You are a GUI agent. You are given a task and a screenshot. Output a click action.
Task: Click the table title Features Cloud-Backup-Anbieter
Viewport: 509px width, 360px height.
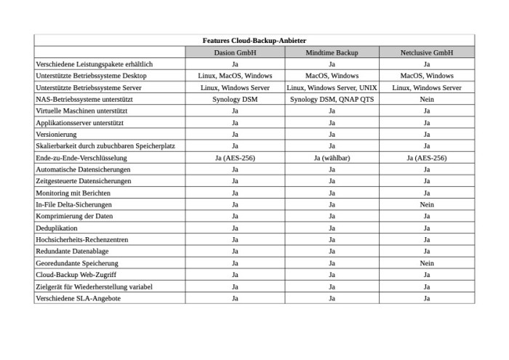tap(254, 41)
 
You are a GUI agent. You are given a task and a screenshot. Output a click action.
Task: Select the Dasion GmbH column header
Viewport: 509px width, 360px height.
tap(235, 52)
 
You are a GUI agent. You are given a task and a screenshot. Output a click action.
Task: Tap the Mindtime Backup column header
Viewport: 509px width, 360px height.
tap(332, 52)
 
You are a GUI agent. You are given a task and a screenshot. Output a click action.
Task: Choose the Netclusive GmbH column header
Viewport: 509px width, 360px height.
tap(427, 52)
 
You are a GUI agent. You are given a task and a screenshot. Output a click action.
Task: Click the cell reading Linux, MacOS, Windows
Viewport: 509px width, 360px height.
tap(235, 76)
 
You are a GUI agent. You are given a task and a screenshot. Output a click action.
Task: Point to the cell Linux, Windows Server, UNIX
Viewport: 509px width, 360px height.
tap(332, 87)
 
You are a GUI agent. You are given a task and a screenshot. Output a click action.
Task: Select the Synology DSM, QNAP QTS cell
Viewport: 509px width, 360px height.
tap(332, 99)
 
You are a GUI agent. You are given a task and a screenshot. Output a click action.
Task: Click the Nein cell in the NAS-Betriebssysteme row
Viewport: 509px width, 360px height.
tap(427, 99)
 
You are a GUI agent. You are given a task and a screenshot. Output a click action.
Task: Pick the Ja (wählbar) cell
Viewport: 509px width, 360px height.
tap(332, 158)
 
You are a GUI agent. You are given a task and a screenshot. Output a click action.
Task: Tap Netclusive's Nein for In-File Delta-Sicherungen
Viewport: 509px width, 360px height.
tap(427, 204)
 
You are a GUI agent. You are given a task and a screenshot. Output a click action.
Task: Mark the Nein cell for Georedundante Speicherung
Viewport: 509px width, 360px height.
tap(427, 263)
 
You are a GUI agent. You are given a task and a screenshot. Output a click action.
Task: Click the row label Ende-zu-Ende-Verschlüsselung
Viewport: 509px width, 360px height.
tap(81, 158)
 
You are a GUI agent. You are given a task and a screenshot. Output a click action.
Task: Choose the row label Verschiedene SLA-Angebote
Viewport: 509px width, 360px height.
tap(78, 298)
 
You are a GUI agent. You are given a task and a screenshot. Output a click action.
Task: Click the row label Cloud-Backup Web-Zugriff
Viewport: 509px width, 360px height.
tap(76, 275)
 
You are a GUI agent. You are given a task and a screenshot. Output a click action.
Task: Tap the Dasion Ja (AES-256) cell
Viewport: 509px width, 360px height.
tap(235, 158)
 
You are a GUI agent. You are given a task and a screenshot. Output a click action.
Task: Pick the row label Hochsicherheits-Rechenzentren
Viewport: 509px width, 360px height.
tap(81, 239)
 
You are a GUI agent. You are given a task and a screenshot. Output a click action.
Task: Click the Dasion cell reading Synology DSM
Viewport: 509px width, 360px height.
tap(235, 99)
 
